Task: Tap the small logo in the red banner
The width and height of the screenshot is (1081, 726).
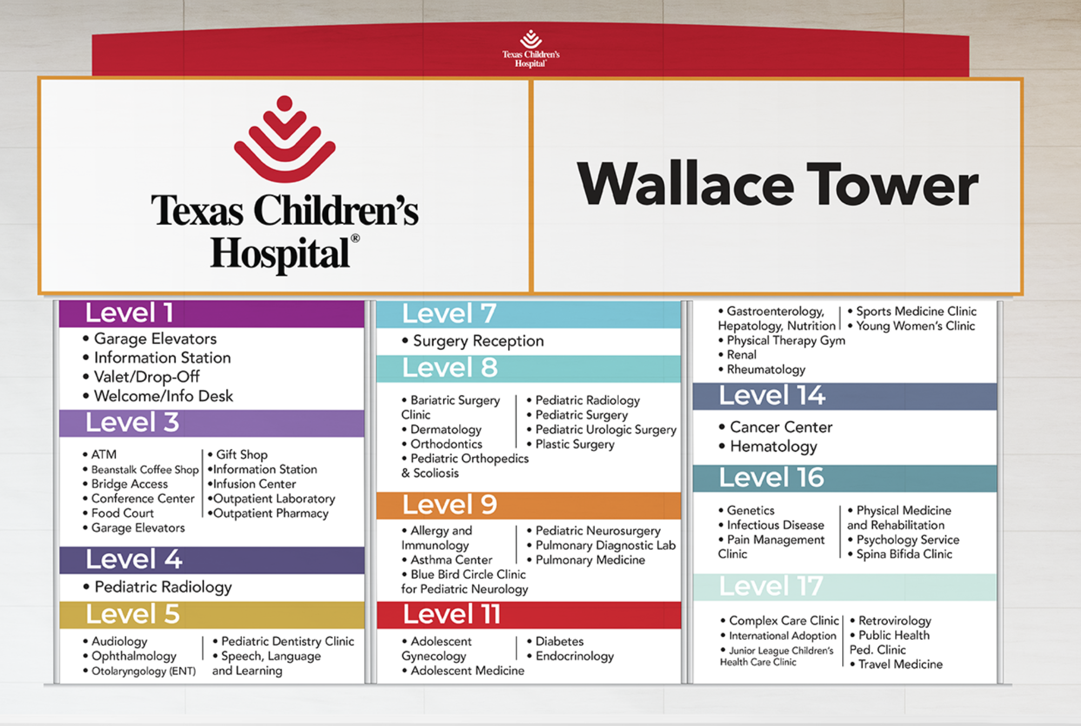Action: pos(531,49)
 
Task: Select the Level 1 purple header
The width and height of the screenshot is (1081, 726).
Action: pos(211,313)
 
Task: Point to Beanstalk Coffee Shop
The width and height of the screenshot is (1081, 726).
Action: pos(141,470)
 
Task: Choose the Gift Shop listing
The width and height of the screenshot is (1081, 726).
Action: pos(238,454)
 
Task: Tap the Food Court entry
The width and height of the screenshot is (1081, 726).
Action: pos(118,513)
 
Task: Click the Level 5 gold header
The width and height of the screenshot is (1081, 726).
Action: pos(211,615)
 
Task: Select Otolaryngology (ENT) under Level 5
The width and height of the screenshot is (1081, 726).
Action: pos(139,671)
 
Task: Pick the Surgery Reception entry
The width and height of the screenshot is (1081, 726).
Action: pos(473,341)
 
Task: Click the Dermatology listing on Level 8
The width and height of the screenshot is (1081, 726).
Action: pos(442,430)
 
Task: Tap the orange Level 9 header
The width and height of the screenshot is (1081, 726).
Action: pos(529,505)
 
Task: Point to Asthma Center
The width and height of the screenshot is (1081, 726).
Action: pos(447,560)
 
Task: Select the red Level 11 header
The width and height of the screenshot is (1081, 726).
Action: pos(529,615)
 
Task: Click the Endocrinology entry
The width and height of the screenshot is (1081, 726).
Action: pos(570,656)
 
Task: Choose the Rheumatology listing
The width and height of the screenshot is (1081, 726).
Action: pos(762,369)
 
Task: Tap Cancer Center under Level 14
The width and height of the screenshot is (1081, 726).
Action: pos(776,427)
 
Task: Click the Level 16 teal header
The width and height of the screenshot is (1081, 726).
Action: pos(845,478)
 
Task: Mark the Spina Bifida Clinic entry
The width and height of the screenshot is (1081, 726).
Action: pos(900,554)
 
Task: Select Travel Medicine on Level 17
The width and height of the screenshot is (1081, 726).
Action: pos(896,664)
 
